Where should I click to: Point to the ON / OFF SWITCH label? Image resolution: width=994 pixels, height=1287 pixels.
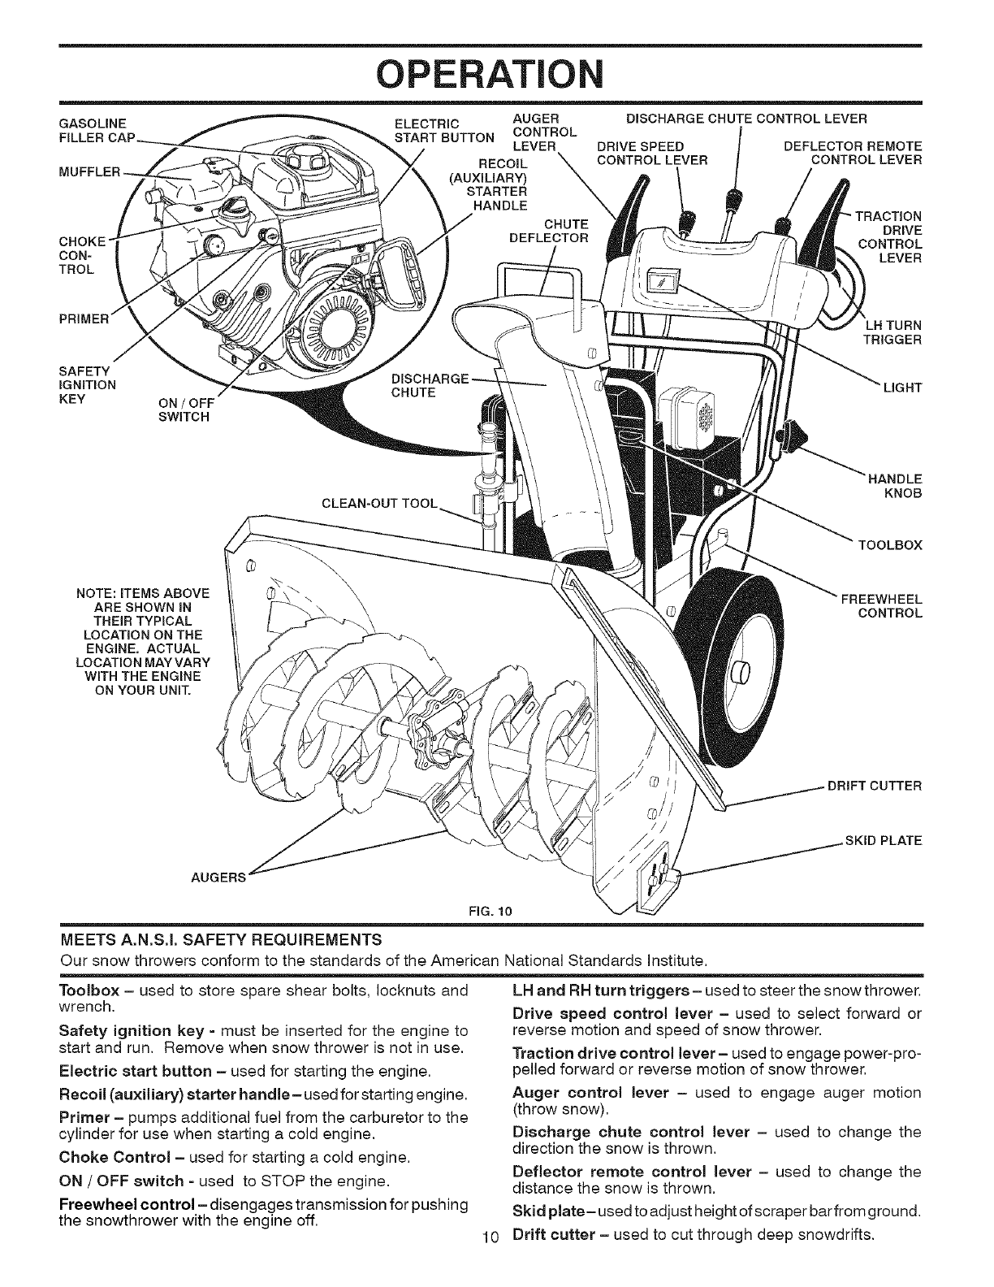(x=187, y=409)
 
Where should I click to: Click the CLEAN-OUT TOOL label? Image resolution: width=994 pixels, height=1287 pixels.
(x=380, y=501)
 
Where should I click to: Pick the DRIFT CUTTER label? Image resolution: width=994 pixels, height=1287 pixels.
(x=873, y=786)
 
